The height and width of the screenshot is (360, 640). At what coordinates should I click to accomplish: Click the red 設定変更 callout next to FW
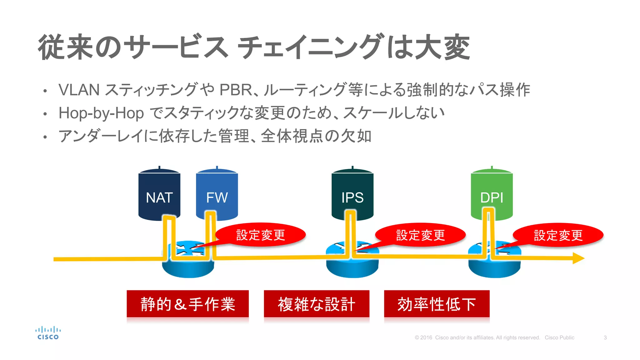point(261,235)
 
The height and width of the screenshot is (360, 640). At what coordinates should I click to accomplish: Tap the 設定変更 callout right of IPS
point(420,235)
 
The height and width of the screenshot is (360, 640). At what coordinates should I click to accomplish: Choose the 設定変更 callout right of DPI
point(558,235)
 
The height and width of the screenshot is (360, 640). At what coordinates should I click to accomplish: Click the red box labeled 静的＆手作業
point(187,304)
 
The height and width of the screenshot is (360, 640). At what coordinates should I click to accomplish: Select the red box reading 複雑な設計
point(317,304)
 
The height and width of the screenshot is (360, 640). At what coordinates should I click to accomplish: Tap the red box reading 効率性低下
point(437,304)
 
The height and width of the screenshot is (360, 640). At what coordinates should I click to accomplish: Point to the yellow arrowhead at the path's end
point(578,258)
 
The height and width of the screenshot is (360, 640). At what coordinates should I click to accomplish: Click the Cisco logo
point(48,333)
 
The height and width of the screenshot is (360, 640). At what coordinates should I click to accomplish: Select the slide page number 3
point(605,337)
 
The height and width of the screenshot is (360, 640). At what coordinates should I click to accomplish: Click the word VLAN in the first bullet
point(79,90)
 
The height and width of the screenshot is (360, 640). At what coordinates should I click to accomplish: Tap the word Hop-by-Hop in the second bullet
point(101,113)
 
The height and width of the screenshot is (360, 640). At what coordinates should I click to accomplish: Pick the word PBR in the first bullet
point(236,90)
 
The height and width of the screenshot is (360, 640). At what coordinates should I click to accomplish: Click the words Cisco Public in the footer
point(559,337)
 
